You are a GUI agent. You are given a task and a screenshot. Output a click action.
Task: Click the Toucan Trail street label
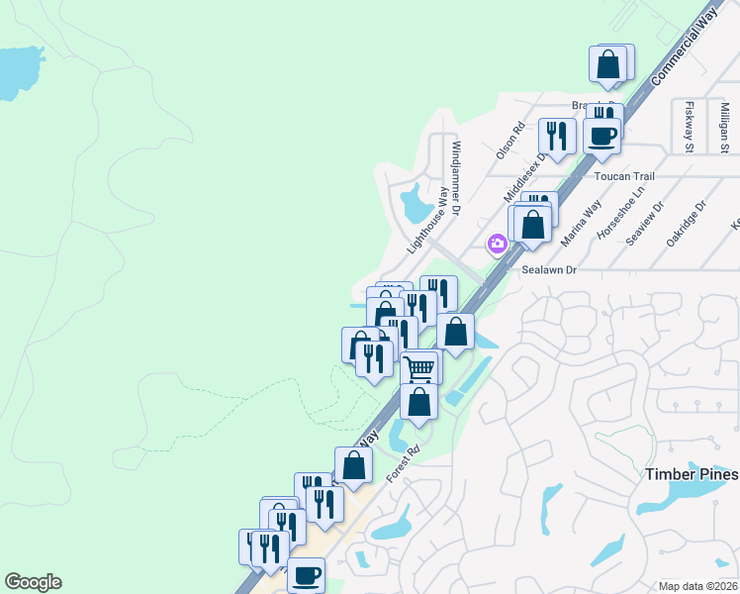(625, 175)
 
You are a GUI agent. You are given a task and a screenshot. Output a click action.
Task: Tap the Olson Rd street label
(509, 142)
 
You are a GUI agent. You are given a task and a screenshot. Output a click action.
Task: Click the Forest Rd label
(403, 462)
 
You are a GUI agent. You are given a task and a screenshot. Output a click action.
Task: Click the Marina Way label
(581, 224)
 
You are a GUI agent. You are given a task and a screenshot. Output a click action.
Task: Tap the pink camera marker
(497, 244)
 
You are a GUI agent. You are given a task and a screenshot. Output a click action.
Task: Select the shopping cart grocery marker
(420, 367)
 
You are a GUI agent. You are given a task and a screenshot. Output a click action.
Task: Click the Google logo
(33, 582)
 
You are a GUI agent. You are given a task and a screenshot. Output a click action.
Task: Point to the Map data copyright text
(698, 586)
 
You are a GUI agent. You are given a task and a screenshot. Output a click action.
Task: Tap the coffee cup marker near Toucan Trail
(601, 135)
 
